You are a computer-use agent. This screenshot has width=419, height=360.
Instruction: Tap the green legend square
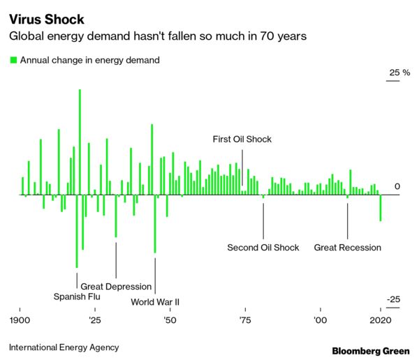(x=13, y=60)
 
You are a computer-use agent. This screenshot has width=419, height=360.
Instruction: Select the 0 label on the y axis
(x=397, y=187)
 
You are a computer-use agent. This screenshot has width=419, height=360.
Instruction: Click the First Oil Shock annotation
(x=242, y=140)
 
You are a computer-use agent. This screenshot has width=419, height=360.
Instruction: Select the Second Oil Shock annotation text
(x=263, y=248)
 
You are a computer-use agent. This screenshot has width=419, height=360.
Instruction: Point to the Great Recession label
(x=348, y=248)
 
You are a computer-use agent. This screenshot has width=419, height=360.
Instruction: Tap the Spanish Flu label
(x=77, y=296)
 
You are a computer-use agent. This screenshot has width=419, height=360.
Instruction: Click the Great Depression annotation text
(x=116, y=286)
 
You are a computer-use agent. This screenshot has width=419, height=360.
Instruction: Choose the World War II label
(x=156, y=302)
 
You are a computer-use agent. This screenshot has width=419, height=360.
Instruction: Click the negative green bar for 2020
(x=381, y=208)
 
